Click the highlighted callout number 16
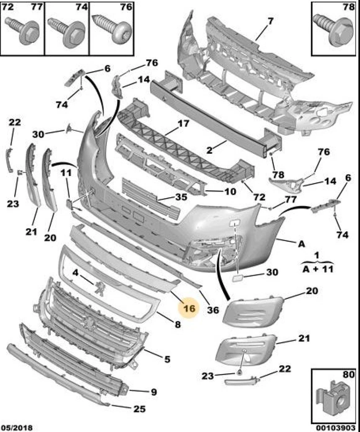189,309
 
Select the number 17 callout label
183,124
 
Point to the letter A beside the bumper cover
301,243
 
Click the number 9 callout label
154,392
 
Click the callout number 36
213,310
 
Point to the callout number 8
177,324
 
